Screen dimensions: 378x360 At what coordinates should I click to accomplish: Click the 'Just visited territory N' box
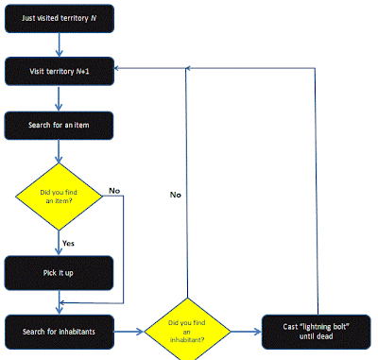coord(60,18)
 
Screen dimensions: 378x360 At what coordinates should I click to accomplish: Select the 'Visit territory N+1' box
coord(60,71)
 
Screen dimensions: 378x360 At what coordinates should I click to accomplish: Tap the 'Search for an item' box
coord(59,126)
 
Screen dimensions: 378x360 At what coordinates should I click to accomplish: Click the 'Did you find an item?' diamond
coord(59,197)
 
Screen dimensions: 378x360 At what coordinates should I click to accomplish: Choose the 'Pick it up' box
coord(59,273)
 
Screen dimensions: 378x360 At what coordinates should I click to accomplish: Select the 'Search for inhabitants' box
coord(60,332)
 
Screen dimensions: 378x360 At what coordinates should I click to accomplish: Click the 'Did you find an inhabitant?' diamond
coord(187,331)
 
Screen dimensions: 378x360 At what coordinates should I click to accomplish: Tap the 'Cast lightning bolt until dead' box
coord(317,332)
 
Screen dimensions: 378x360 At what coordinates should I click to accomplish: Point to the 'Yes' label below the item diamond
coord(68,243)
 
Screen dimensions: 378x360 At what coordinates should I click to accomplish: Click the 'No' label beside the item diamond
coord(114,191)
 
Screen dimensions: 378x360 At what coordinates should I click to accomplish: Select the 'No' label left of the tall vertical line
coord(176,195)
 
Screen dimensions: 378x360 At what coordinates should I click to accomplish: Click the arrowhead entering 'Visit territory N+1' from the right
coord(116,68)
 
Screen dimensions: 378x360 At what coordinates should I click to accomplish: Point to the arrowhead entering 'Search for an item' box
coord(59,107)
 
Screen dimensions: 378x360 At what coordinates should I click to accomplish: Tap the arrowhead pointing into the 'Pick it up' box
coord(59,251)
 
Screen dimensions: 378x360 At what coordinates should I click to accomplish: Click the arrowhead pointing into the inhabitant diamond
coord(140,332)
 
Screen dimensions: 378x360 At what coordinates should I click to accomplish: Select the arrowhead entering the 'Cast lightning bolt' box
coord(258,332)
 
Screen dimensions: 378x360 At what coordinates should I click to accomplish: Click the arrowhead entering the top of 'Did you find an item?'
coord(59,159)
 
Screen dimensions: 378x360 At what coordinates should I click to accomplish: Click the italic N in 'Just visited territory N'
coord(94,18)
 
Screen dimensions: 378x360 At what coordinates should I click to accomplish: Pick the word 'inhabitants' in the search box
coord(77,332)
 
